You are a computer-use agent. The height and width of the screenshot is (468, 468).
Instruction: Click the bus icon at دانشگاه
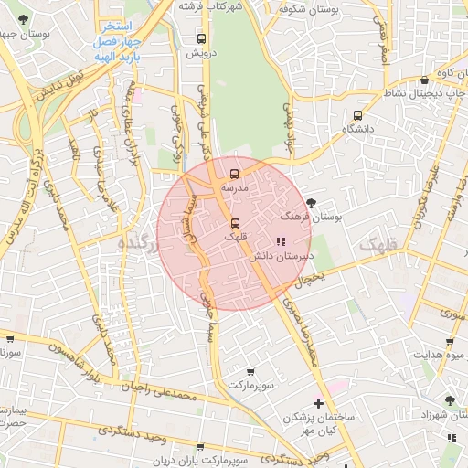pos(357,116)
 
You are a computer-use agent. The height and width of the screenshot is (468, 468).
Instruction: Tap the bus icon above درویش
pos(202,39)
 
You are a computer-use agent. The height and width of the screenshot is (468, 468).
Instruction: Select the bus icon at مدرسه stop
pos(235,174)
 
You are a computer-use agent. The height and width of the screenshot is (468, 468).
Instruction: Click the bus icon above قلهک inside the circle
pos(235,223)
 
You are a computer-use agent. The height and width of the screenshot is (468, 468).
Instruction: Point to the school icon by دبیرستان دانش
pos(279,241)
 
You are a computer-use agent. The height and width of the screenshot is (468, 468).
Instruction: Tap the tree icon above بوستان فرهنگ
pos(313,202)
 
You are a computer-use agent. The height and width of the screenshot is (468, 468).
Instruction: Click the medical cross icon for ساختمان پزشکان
pos(318,403)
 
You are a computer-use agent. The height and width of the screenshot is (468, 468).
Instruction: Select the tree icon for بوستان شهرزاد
pos(449,400)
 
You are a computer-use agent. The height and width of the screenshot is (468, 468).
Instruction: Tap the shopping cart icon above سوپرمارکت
pos(250,372)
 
